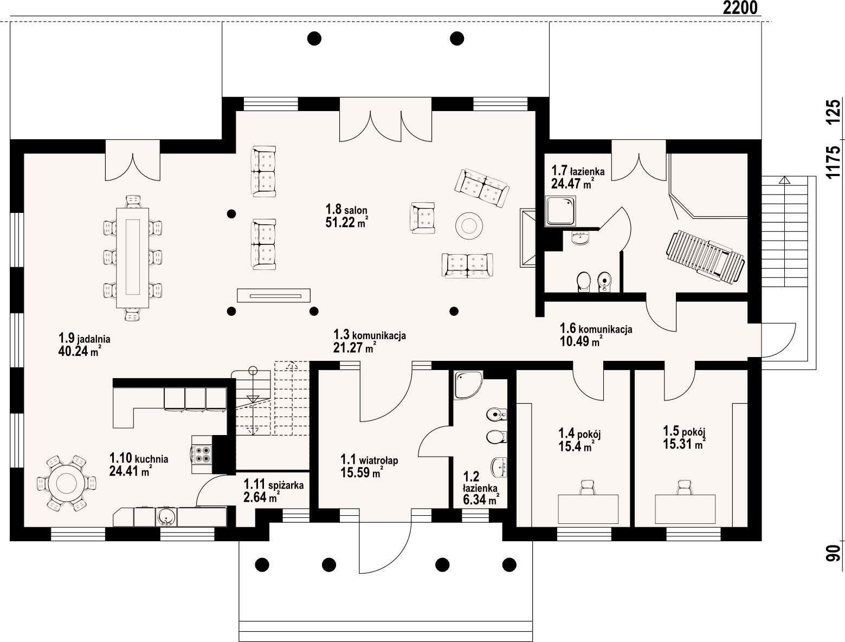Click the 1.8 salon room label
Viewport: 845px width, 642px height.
(346, 210)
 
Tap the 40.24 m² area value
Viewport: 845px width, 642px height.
(79, 352)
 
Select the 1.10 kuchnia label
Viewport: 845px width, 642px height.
(139, 459)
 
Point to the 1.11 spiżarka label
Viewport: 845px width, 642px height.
(273, 484)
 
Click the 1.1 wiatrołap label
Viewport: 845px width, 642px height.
(369, 460)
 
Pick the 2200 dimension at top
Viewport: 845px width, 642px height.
(740, 8)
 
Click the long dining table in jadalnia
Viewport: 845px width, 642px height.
(132, 257)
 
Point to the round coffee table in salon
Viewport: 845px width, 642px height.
(469, 225)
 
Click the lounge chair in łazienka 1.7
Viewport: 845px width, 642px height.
(705, 256)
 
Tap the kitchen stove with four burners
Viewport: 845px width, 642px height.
(203, 453)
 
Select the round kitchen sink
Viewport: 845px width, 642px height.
(166, 516)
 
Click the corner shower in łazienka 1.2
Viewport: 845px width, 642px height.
(467, 384)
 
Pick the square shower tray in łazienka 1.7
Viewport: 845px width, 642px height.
(560, 211)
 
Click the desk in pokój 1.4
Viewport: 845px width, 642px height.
(588, 509)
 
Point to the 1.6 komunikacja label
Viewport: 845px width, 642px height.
(596, 329)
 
